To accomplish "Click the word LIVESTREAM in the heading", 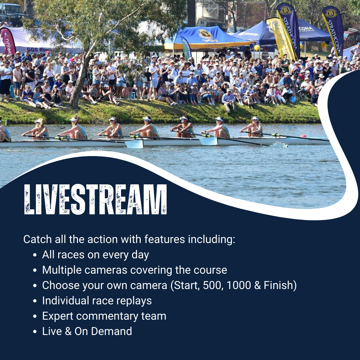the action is point(95,199).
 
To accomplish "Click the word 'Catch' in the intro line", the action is point(37,239).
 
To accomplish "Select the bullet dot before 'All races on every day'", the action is point(35,255).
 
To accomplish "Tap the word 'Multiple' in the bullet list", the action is point(62,270).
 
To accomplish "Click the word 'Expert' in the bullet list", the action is point(58,316).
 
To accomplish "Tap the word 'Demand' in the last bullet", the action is point(111,331).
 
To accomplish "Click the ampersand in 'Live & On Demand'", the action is point(68,331).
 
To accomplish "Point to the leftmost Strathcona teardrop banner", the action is point(289,30).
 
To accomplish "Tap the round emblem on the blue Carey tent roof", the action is point(205,34).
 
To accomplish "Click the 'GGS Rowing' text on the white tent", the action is point(39,50).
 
